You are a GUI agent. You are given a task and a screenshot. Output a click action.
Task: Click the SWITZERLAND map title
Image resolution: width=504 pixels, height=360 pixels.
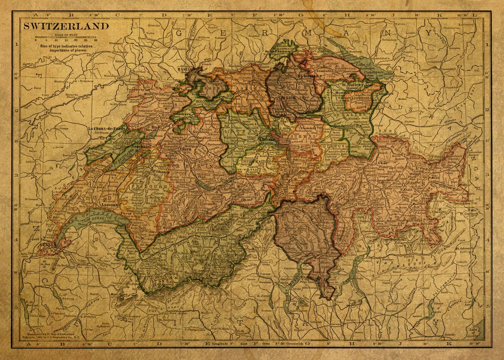pos(66,26)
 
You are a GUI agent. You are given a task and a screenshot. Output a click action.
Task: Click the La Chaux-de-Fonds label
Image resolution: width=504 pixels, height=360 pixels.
pos(107,128)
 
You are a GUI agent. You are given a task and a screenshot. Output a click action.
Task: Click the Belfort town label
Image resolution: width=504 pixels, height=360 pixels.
pos(121,61)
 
